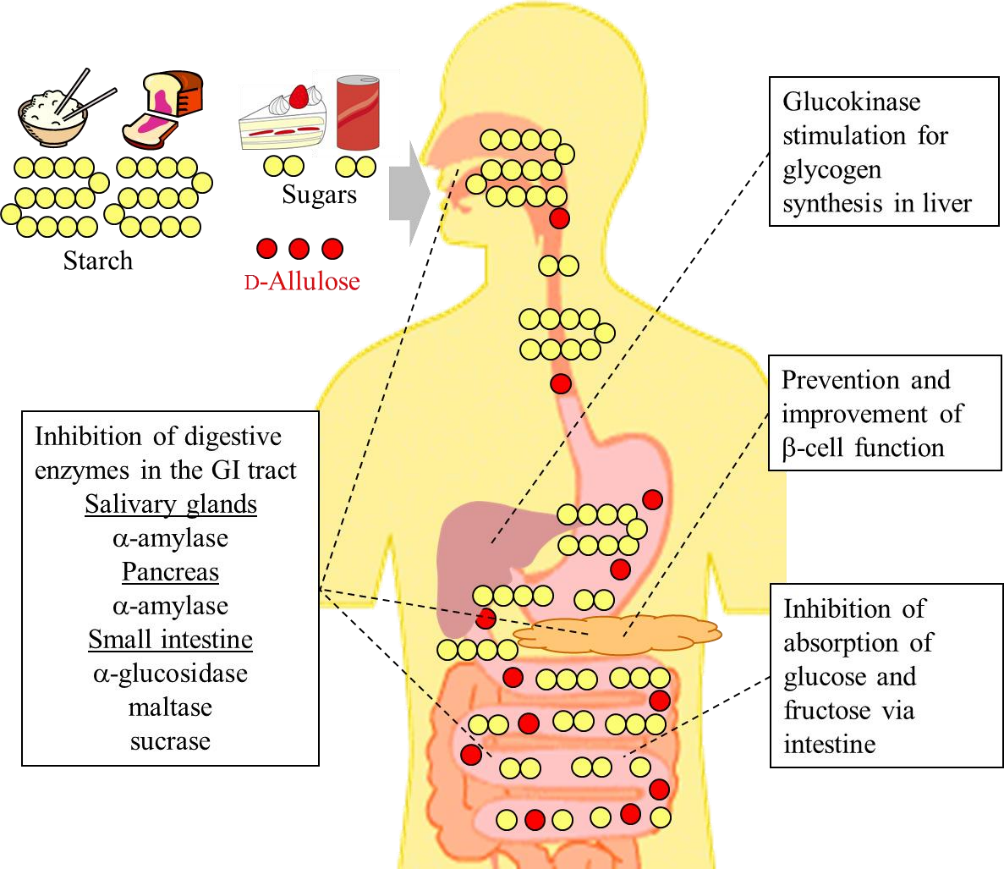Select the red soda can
click(x=357, y=112)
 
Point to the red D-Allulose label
click(x=301, y=281)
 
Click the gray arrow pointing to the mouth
click(x=413, y=192)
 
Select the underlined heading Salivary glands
click(x=170, y=505)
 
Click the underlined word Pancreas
click(x=170, y=572)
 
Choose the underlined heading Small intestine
click(x=170, y=639)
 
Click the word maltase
click(x=170, y=707)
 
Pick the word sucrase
click(x=170, y=741)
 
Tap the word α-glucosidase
click(x=170, y=673)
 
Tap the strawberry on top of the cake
click(x=299, y=96)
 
